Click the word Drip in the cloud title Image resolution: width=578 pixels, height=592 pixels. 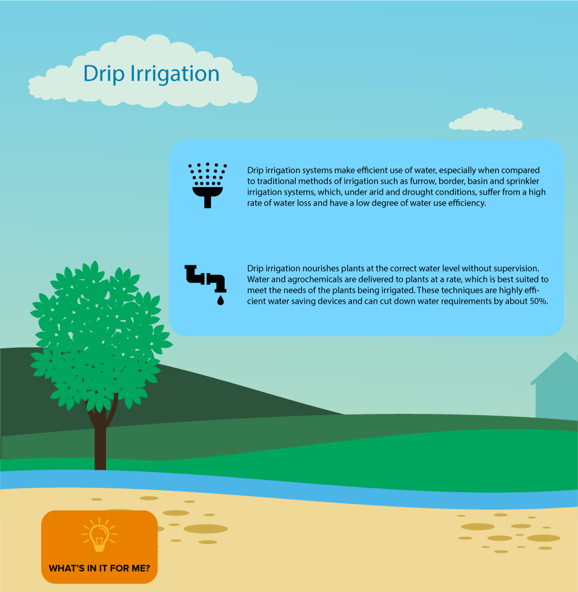coord(104,74)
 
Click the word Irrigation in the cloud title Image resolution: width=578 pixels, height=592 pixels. coord(175,73)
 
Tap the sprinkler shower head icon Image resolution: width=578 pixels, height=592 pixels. coord(207,185)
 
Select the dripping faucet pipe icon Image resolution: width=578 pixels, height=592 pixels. coord(206,279)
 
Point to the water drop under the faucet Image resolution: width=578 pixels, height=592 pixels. coord(221,300)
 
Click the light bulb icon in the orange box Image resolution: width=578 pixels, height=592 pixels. coord(99,534)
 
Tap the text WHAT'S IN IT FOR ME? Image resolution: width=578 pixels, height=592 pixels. coord(99,568)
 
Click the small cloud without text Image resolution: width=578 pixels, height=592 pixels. coord(485,120)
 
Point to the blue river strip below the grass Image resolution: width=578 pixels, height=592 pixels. coord(289,487)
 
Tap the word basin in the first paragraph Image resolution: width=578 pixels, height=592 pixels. coord(477,181)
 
